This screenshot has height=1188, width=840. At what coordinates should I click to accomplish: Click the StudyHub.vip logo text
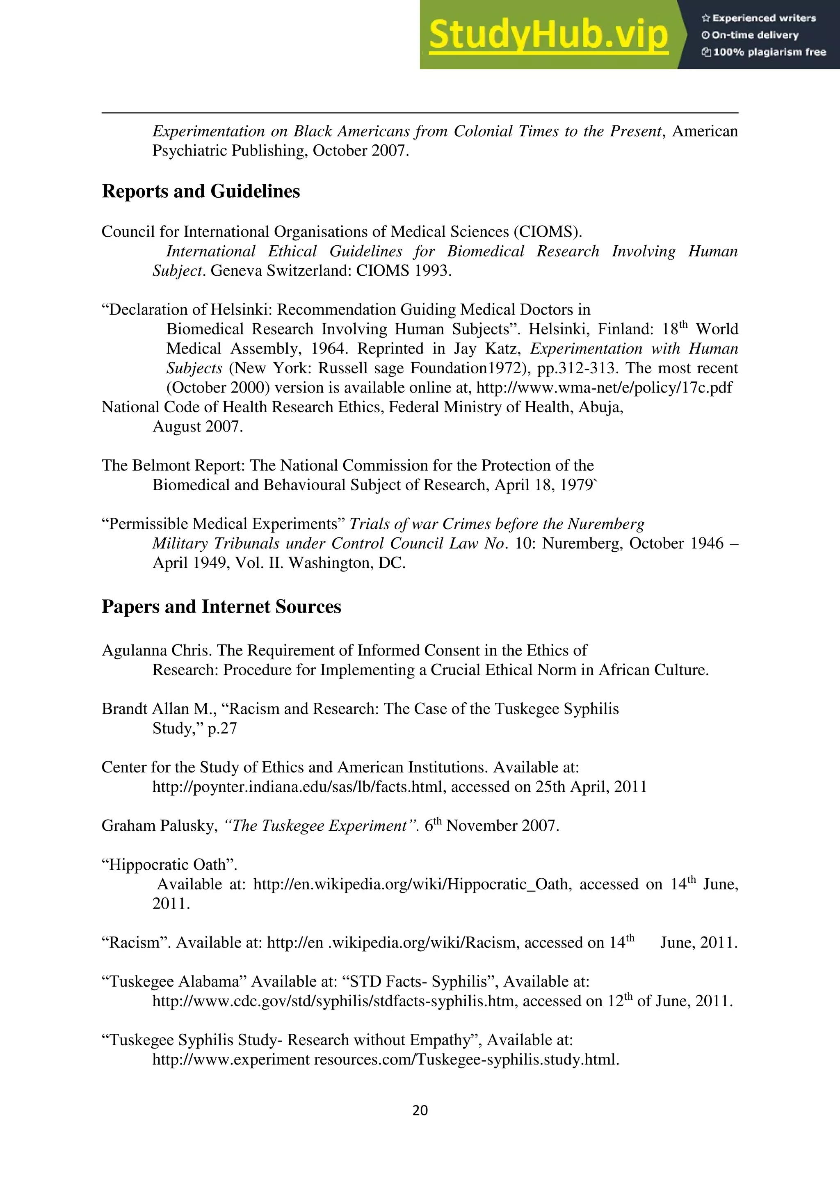click(x=548, y=35)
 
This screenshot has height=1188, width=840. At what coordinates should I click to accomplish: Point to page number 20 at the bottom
click(x=420, y=1110)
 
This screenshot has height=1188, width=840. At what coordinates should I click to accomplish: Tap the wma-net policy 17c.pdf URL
click(x=604, y=388)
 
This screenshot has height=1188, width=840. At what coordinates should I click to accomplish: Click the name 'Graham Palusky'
click(x=158, y=826)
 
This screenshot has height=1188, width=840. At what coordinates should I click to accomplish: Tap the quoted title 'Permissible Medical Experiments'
click(x=224, y=524)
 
